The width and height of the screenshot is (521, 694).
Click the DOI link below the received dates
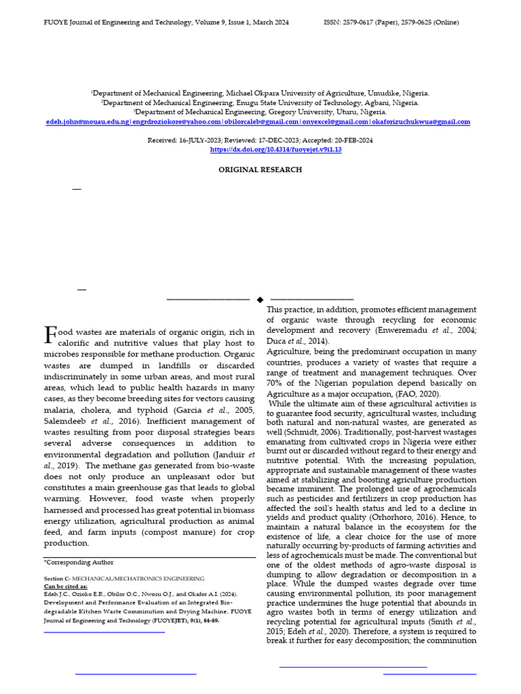tap(275, 150)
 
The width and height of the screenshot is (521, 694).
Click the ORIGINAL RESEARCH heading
tap(260, 170)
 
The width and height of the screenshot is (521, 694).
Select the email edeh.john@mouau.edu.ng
tap(87, 122)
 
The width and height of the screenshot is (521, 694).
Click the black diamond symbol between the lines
tap(260, 299)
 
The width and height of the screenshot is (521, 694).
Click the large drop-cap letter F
tap(50, 334)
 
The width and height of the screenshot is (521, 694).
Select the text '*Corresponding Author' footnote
tap(79, 562)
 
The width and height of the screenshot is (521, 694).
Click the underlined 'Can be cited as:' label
tap(66, 586)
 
